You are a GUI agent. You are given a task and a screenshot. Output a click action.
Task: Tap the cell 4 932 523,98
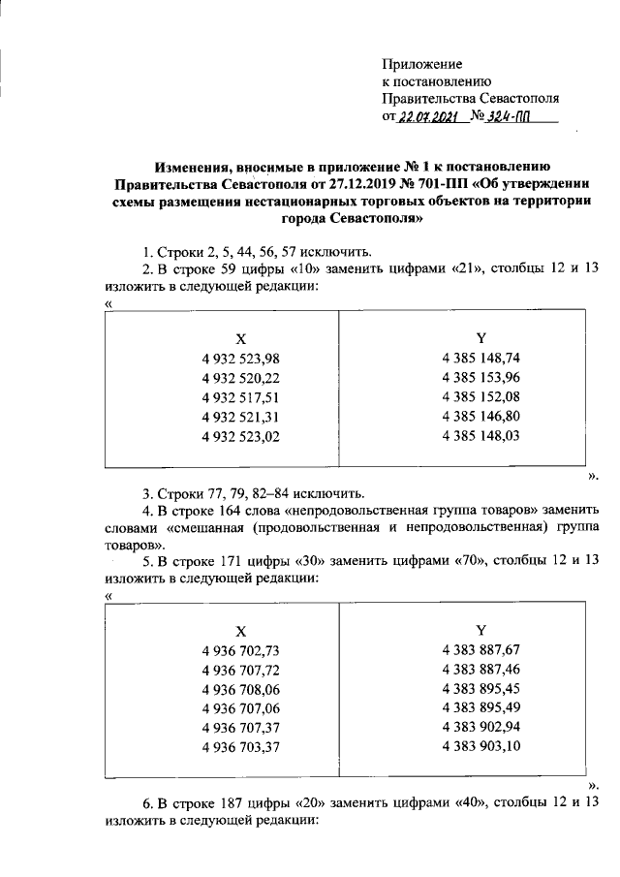[241, 359]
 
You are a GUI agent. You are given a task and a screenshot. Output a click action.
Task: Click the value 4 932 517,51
[241, 396]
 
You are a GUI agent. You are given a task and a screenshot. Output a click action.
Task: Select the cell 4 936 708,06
[241, 689]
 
